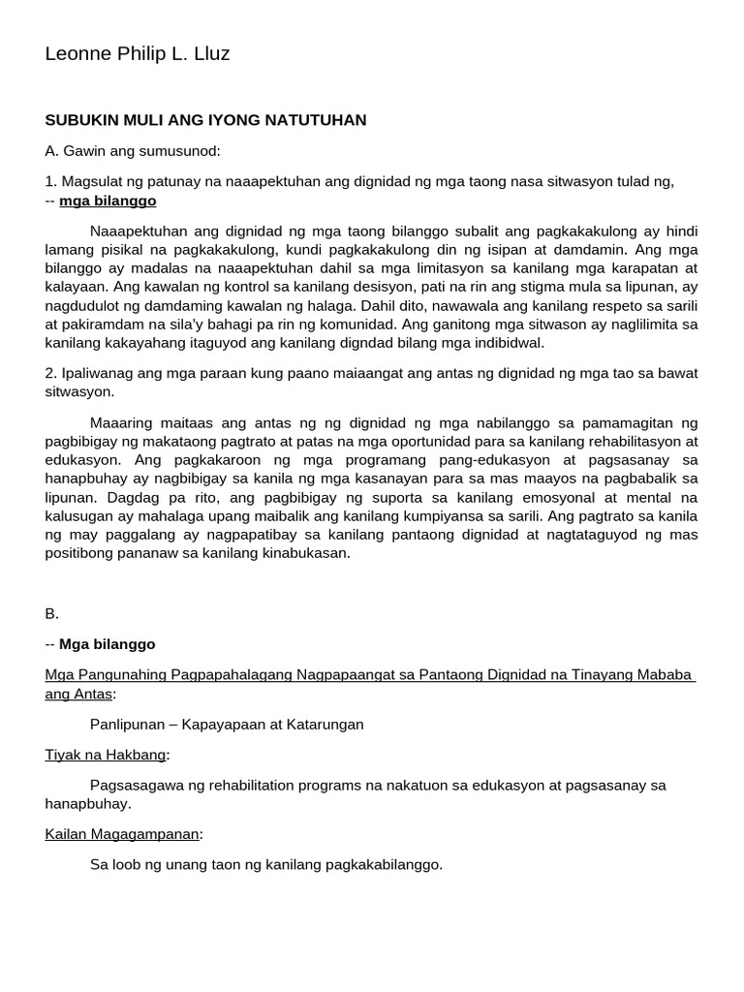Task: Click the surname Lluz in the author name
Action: click(211, 54)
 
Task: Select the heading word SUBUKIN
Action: click(80, 120)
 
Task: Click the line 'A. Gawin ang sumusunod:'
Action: click(133, 151)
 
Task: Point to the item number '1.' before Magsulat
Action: click(51, 181)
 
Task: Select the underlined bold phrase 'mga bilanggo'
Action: click(108, 201)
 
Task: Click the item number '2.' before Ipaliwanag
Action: click(51, 373)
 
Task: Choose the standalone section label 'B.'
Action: click(52, 613)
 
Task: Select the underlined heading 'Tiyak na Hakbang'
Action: click(106, 755)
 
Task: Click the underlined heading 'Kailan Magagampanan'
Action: click(122, 834)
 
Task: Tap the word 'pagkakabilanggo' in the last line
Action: click(389, 864)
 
